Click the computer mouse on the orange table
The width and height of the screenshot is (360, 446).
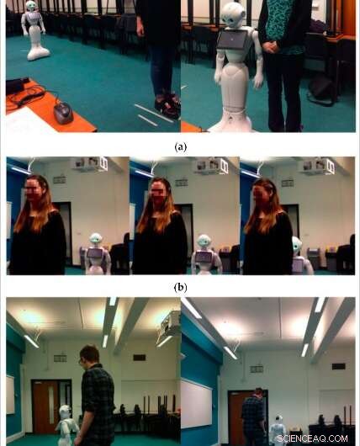pyautogui.click(x=63, y=111)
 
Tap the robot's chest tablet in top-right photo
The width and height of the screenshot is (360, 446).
pyautogui.click(x=233, y=40)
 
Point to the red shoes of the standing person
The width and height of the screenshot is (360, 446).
pyautogui.click(x=167, y=106)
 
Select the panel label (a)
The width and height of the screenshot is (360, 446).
pyautogui.click(x=179, y=146)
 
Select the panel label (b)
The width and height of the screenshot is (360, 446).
pyautogui.click(x=179, y=287)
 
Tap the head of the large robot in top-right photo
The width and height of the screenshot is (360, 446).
pyautogui.click(x=234, y=14)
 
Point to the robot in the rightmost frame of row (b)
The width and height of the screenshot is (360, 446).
pyautogui.click(x=301, y=255)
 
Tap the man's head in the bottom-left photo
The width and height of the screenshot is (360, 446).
pyautogui.click(x=89, y=354)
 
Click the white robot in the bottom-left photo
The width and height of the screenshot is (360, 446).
pyautogui.click(x=66, y=425)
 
